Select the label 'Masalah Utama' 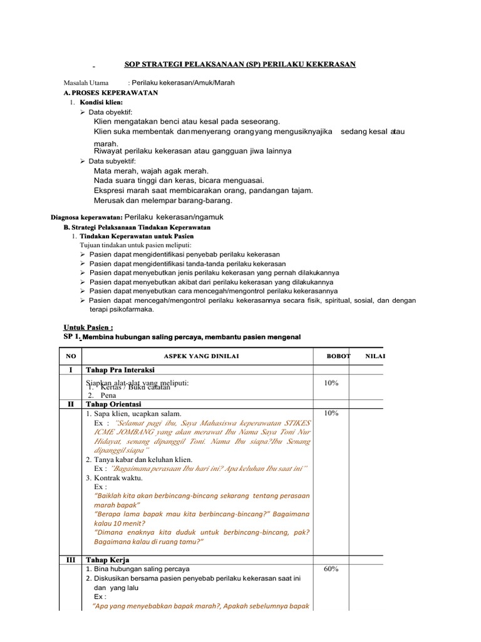86,83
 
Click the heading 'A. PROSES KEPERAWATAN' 111,93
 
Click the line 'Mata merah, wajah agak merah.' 151,171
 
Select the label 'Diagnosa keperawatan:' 90,218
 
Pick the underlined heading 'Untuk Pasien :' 88,327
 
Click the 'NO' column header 71,356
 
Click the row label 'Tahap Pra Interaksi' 120,371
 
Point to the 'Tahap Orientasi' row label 113,404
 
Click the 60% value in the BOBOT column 331,569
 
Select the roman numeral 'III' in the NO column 71,559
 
